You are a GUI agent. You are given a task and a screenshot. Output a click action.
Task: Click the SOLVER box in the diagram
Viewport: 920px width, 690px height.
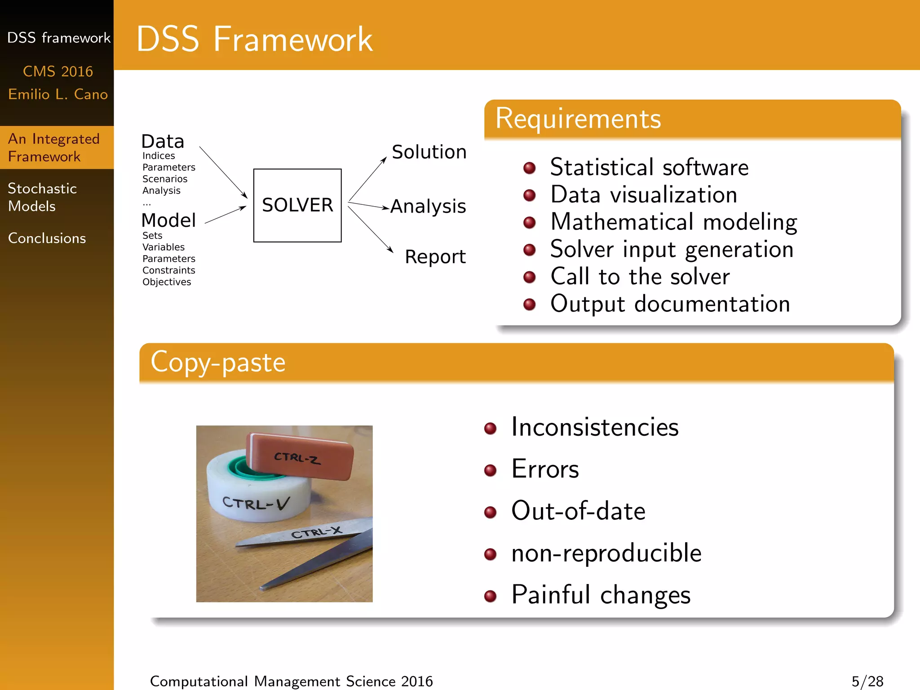[x=297, y=205]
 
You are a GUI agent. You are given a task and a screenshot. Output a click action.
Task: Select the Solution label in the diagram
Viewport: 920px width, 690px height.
[x=429, y=152]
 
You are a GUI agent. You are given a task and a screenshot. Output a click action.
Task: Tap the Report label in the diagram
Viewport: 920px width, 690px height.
[x=435, y=257]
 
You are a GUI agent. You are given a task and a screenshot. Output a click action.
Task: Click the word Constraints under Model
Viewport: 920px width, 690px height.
[x=168, y=270]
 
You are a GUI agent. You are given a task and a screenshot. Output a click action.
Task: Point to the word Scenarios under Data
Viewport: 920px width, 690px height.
[x=164, y=179]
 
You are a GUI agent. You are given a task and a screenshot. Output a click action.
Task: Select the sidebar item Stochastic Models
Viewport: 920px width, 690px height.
[x=42, y=197]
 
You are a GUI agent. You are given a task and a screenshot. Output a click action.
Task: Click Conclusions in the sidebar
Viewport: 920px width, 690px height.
[x=47, y=238]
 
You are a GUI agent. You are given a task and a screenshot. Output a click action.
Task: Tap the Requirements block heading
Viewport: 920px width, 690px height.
[x=578, y=119]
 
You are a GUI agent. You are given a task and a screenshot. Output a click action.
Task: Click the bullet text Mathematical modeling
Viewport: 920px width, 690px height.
[x=673, y=222]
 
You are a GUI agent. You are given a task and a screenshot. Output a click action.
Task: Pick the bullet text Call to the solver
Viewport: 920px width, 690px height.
[x=640, y=276]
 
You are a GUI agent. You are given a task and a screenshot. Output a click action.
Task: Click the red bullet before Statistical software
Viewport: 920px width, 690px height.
[x=530, y=168]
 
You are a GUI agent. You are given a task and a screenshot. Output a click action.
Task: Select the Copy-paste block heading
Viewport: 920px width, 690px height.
[x=218, y=362]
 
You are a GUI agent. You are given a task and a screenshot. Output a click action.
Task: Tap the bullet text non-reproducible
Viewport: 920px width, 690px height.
[x=606, y=553]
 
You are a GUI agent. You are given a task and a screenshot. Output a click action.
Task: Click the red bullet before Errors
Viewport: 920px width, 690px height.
[x=490, y=470]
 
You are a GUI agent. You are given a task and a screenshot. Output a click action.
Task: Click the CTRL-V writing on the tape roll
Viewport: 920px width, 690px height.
[x=256, y=503]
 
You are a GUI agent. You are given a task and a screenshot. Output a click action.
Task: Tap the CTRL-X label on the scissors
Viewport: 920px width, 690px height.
[x=316, y=533]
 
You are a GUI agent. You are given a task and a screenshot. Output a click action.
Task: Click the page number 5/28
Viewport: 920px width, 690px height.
[x=867, y=681]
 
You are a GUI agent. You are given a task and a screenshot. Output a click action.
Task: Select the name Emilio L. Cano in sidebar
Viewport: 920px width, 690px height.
[x=57, y=94]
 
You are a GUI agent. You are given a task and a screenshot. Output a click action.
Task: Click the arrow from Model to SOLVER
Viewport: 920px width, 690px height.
[x=226, y=215]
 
